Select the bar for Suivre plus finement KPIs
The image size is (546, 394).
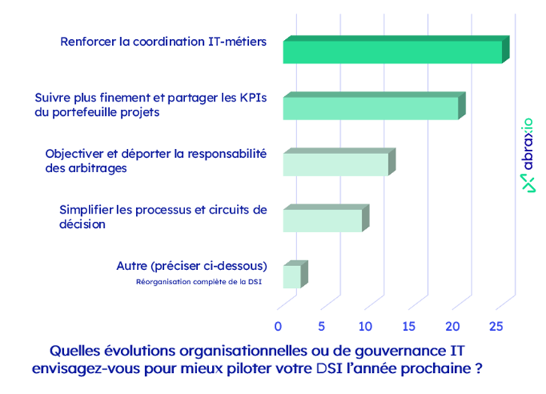click(371, 108)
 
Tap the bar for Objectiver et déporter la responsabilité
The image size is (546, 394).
click(335, 163)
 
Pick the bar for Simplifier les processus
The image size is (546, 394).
click(323, 220)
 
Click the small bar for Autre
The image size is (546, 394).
click(292, 276)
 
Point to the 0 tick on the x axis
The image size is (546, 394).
click(278, 326)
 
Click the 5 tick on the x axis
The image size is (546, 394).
click(322, 326)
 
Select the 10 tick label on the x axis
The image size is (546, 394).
click(365, 326)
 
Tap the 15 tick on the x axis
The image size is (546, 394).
click(408, 326)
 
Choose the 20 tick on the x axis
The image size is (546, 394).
click(452, 326)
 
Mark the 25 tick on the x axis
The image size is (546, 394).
click(496, 326)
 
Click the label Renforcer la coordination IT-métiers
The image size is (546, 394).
click(163, 41)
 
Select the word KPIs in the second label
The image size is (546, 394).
click(252, 98)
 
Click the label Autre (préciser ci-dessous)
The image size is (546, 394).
click(192, 266)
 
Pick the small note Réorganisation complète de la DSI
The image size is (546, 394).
click(199, 283)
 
